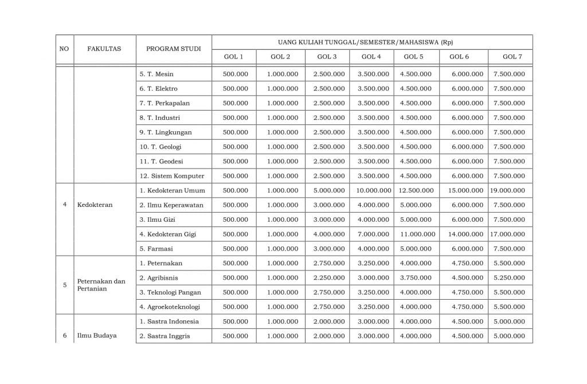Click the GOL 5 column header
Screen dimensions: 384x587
[413, 57]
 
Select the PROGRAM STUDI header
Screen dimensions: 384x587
[174, 49]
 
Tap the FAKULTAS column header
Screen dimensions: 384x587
[104, 49]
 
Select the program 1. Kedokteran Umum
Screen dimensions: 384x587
[172, 190]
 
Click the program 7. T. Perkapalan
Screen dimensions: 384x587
[165, 103]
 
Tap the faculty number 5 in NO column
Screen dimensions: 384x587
[65, 285]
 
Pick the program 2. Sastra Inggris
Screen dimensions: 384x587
[165, 335]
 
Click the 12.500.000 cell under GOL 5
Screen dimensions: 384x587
[417, 190]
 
